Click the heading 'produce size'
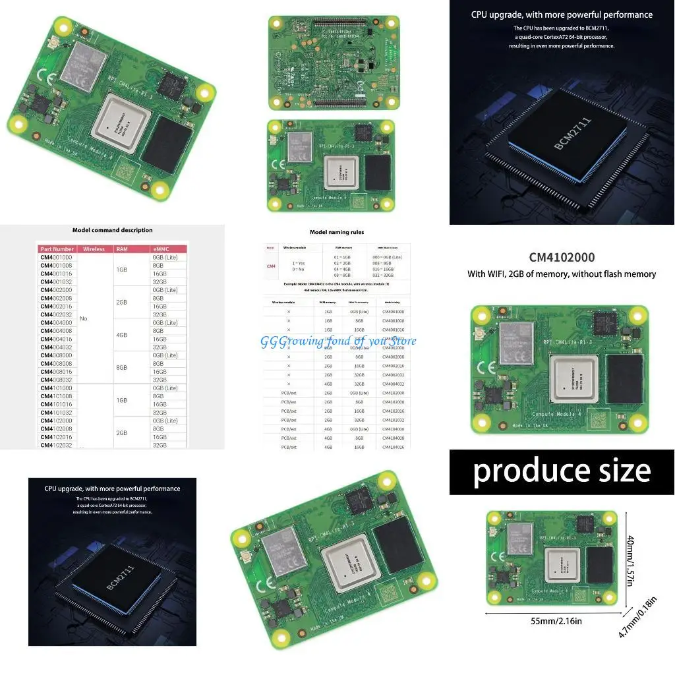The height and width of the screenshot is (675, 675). click(562, 471)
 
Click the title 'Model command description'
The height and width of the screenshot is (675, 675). click(112, 230)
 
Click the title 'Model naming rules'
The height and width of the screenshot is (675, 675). click(337, 232)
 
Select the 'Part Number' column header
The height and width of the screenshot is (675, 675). click(57, 249)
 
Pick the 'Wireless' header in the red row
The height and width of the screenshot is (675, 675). click(94, 249)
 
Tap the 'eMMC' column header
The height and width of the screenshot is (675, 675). click(161, 249)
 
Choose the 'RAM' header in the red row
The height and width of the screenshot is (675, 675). click(122, 249)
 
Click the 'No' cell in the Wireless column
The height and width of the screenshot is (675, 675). click(83, 318)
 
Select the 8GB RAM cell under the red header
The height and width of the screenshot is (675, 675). click(122, 368)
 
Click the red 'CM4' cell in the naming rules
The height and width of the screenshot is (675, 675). click(271, 266)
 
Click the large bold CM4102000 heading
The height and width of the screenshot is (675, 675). click(562, 258)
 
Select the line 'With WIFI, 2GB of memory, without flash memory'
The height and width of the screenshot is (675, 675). click(562, 274)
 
